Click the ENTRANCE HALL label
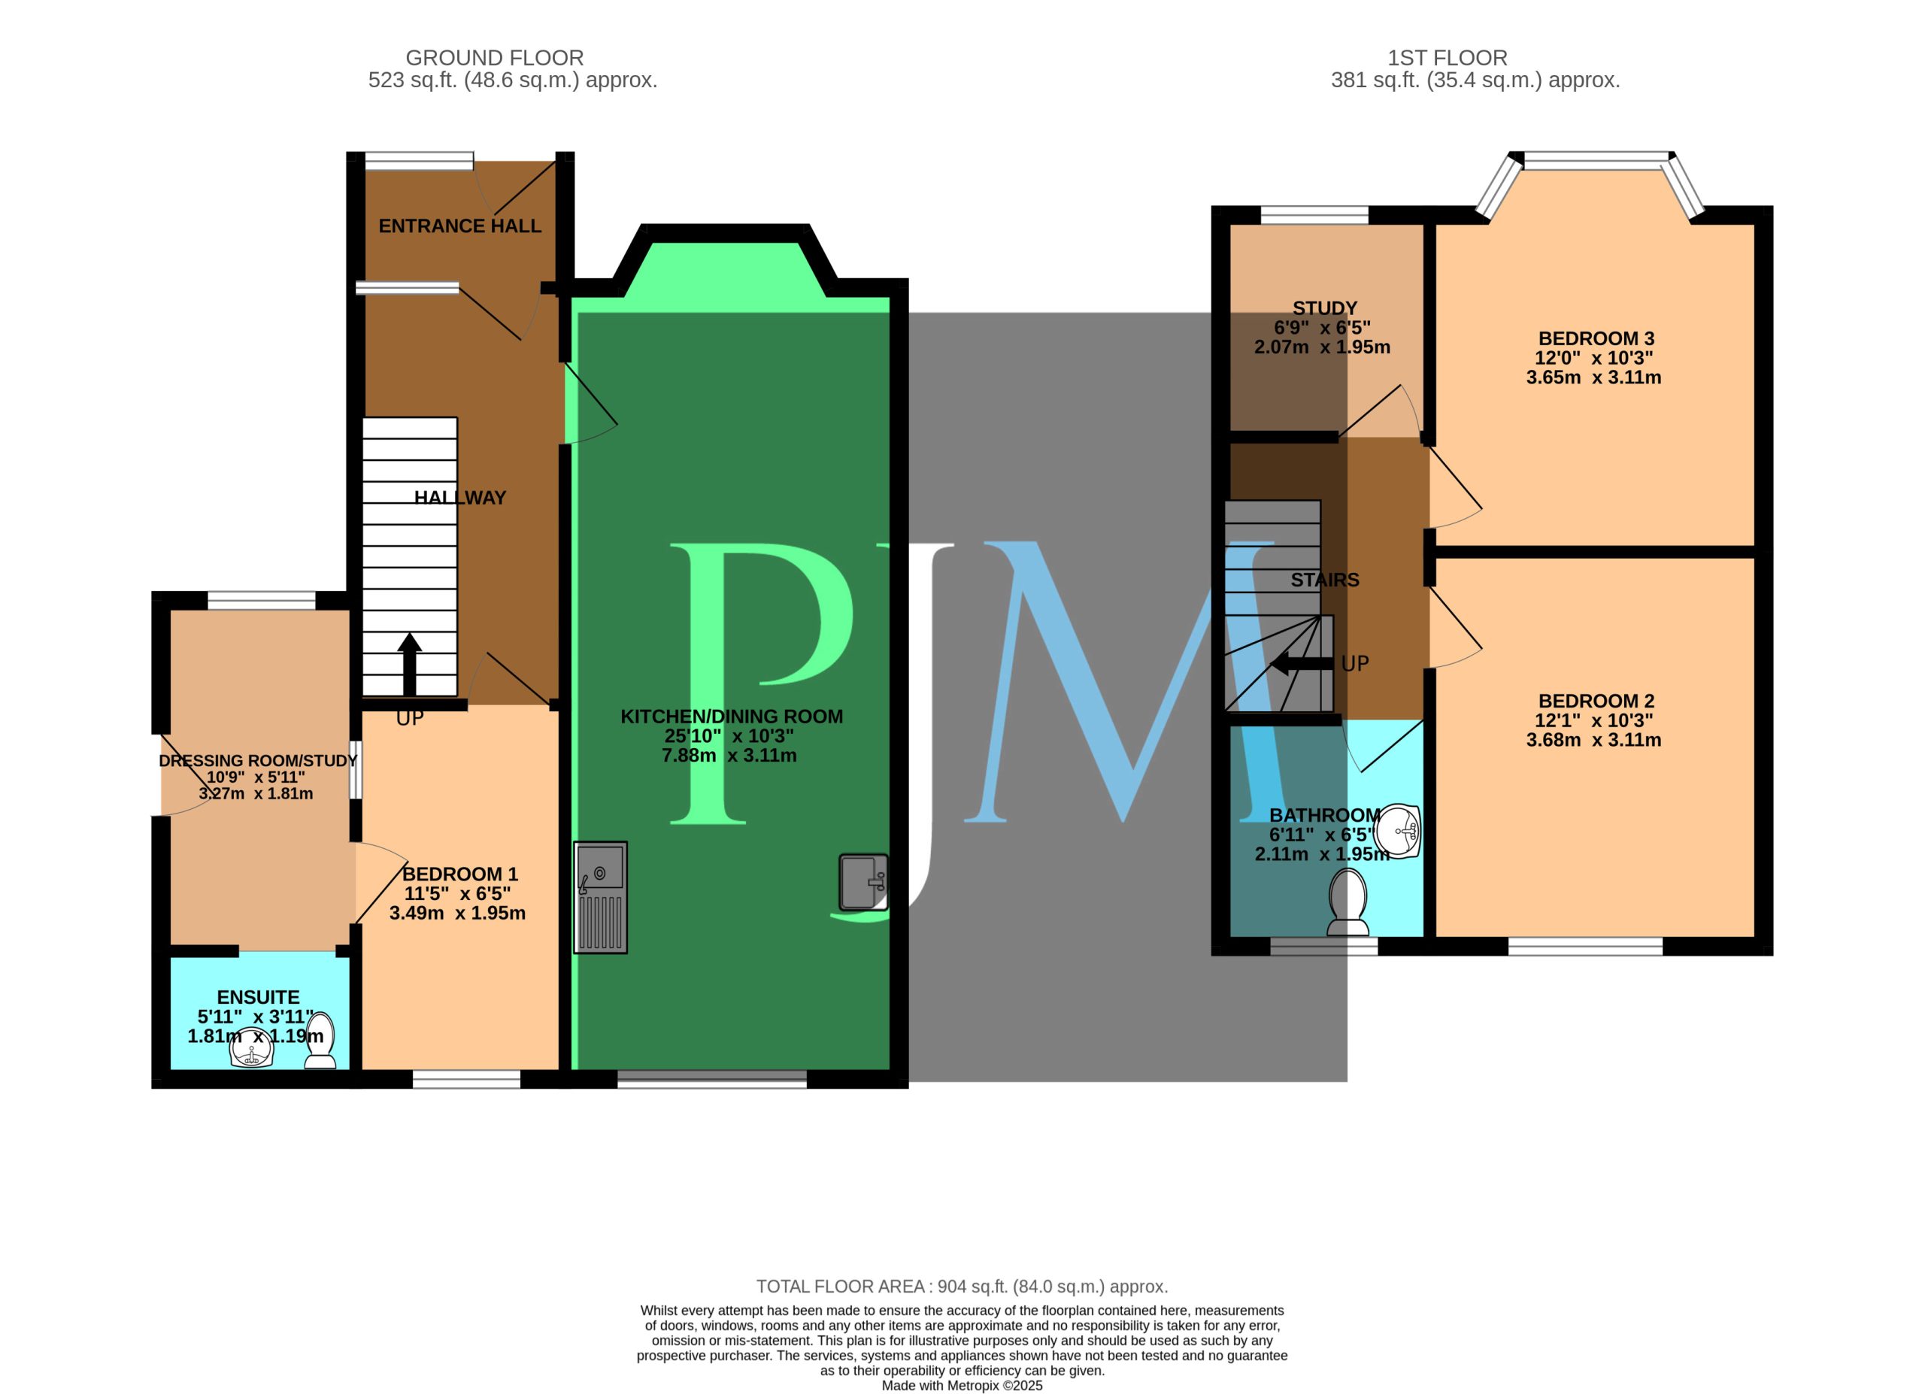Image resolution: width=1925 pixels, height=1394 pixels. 459,226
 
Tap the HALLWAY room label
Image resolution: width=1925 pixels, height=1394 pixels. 460,498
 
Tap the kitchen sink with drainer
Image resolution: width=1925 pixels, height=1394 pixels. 600,897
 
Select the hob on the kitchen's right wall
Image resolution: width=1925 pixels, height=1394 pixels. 863,883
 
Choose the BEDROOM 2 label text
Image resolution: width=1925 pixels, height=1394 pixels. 1596,701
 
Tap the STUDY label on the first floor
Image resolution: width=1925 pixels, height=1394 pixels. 1324,308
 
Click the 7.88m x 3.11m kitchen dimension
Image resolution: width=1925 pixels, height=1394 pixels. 729,755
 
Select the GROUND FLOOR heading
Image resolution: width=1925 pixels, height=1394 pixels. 495,58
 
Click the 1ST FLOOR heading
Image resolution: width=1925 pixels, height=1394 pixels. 1448,58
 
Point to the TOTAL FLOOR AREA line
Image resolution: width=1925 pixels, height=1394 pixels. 962,1286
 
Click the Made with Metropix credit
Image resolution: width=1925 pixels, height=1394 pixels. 962,1386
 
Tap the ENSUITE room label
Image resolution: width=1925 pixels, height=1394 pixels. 258,997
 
